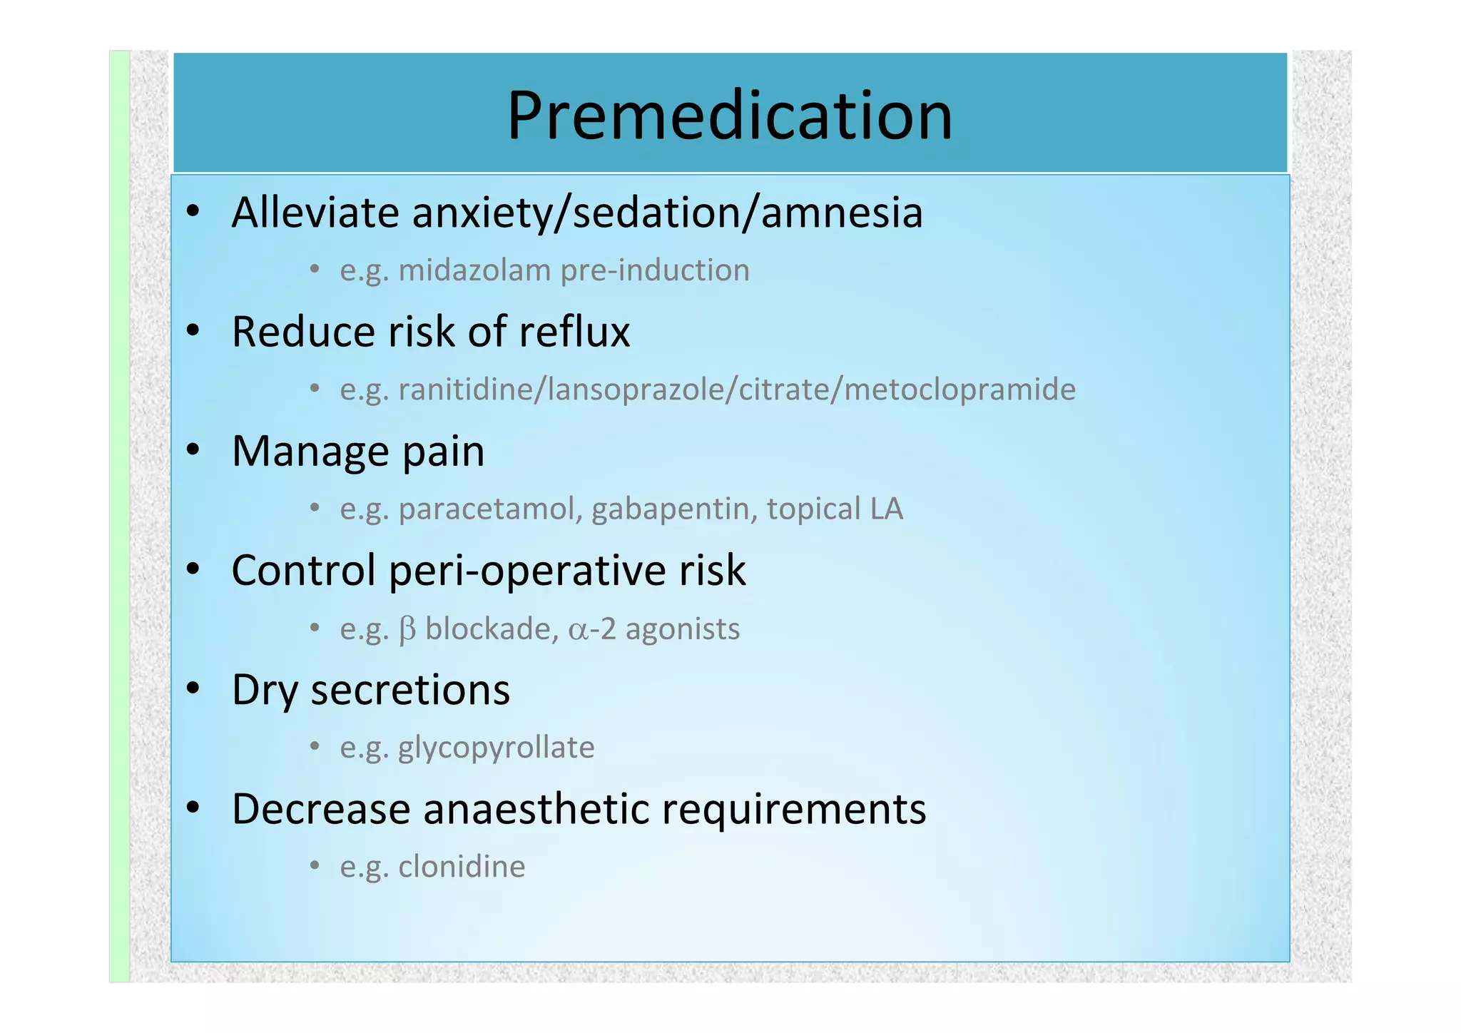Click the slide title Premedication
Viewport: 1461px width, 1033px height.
pos(729,116)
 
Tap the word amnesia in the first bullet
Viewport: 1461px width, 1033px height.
pos(842,213)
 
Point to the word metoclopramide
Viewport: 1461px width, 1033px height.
pos(959,390)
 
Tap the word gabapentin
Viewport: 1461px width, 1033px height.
pos(674,509)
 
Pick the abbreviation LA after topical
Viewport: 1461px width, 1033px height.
pos(886,509)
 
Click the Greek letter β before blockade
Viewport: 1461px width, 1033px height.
pos(407,629)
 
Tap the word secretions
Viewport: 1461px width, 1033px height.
pos(410,691)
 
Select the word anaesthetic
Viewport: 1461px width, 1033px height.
pos(536,810)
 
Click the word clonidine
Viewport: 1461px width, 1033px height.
pos(462,867)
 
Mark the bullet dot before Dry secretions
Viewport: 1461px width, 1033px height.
pos(193,688)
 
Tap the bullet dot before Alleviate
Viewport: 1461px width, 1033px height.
pos(193,211)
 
